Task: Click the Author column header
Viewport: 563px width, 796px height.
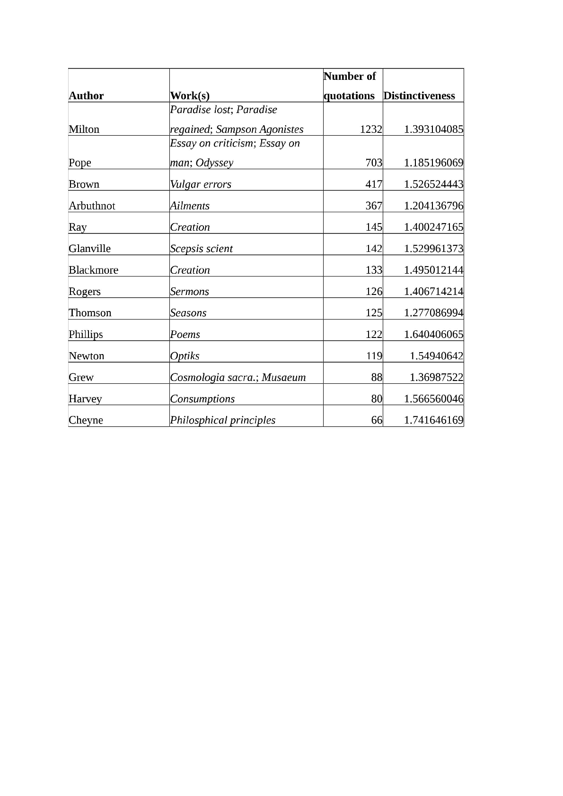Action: tap(86, 95)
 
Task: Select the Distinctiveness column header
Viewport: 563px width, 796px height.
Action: tap(419, 95)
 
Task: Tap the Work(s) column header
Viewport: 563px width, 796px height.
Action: tap(190, 95)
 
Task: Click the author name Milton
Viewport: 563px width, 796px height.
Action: tap(84, 129)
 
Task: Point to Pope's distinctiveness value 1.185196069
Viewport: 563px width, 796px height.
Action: tap(433, 163)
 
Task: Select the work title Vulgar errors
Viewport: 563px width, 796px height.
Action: tap(201, 184)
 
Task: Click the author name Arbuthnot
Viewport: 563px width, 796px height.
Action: tap(92, 206)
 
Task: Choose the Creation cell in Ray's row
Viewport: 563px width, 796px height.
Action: tap(190, 227)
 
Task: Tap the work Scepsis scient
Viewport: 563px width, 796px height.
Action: tap(202, 249)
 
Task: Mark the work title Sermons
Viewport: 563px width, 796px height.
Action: tap(189, 291)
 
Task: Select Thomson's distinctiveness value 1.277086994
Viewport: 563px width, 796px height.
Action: tap(433, 313)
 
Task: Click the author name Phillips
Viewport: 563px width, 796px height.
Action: tap(86, 334)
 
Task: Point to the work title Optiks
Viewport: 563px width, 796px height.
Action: tap(185, 356)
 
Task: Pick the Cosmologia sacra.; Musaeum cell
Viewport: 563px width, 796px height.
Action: tap(238, 377)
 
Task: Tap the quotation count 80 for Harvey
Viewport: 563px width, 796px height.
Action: tap(376, 398)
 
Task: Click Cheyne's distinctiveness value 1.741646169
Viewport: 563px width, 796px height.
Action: tap(433, 420)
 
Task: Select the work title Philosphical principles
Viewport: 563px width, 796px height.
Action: tap(222, 420)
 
